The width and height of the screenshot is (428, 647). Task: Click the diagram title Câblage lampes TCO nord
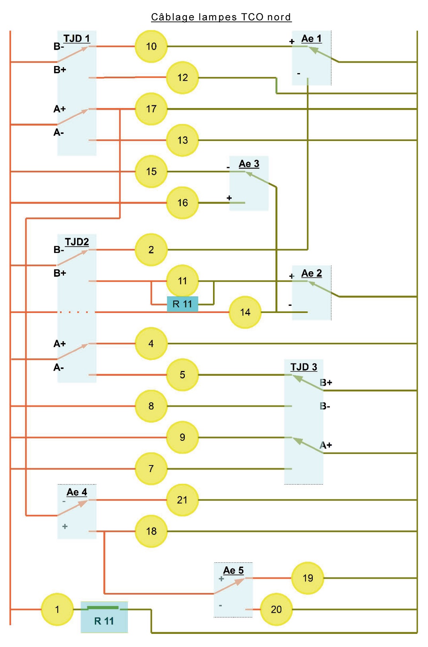tap(221, 17)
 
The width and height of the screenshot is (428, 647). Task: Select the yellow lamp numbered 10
tap(151, 46)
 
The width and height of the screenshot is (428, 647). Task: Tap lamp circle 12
tap(182, 77)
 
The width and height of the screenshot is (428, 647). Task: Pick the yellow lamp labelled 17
tap(151, 109)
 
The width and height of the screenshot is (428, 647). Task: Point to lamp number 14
tap(245, 312)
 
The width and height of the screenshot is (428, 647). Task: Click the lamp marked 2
tap(151, 250)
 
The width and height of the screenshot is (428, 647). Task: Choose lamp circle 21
tap(182, 500)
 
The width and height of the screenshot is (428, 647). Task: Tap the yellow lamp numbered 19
tap(308, 578)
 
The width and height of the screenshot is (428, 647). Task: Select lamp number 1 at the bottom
tap(57, 610)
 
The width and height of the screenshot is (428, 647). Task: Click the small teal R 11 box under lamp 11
tap(182, 304)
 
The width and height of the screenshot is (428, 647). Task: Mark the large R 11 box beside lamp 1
tap(104, 617)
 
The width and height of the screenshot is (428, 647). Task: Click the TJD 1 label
tap(77, 39)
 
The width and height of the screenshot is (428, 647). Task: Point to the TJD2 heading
tap(77, 242)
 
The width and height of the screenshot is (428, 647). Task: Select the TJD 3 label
tap(304, 367)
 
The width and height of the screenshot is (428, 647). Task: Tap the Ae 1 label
tap(311, 39)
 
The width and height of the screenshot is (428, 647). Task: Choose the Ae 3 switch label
tap(249, 164)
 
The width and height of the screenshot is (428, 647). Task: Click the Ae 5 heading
tap(233, 570)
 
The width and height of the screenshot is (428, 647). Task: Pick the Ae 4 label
tap(77, 492)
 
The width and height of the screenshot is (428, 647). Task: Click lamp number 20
tap(276, 610)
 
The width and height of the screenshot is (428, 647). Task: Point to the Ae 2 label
tap(311, 273)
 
